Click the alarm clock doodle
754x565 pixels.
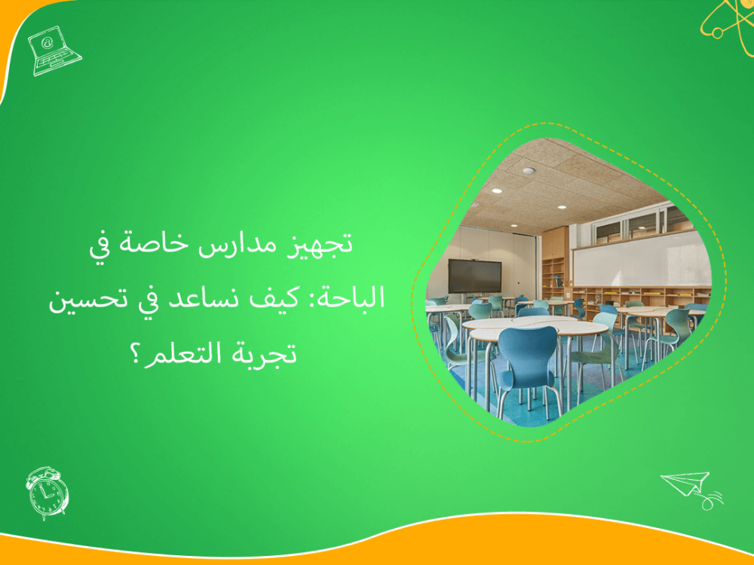(x=47, y=492)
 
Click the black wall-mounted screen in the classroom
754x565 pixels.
(x=474, y=276)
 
